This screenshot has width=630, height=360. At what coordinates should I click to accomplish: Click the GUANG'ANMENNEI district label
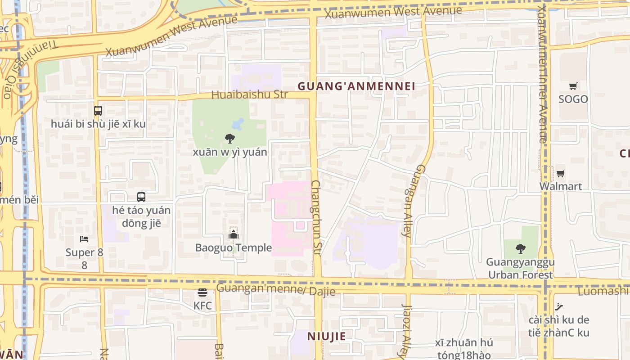click(356, 86)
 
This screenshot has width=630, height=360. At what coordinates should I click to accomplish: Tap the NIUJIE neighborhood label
click(327, 336)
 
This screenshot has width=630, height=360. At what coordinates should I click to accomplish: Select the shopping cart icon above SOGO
click(573, 86)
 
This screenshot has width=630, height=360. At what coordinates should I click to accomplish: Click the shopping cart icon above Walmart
click(560, 173)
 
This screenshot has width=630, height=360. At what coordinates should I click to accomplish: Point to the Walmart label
click(560, 186)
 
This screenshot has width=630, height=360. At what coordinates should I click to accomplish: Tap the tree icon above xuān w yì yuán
click(230, 139)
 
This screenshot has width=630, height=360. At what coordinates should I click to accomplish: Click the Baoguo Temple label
click(233, 247)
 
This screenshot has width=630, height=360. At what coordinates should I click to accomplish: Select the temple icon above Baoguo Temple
click(233, 234)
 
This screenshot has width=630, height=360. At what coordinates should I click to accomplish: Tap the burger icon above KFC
click(202, 293)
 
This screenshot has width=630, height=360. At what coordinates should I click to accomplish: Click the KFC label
click(202, 306)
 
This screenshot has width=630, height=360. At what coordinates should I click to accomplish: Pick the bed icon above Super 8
click(84, 239)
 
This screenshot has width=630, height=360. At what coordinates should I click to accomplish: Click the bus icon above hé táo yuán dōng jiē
click(141, 197)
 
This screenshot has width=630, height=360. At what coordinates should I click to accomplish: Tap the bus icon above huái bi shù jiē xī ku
click(98, 110)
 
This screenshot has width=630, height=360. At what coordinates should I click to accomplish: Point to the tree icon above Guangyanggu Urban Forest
click(520, 248)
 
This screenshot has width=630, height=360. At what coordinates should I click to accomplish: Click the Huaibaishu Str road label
click(249, 94)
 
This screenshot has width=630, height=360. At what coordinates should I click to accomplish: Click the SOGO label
click(573, 99)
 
